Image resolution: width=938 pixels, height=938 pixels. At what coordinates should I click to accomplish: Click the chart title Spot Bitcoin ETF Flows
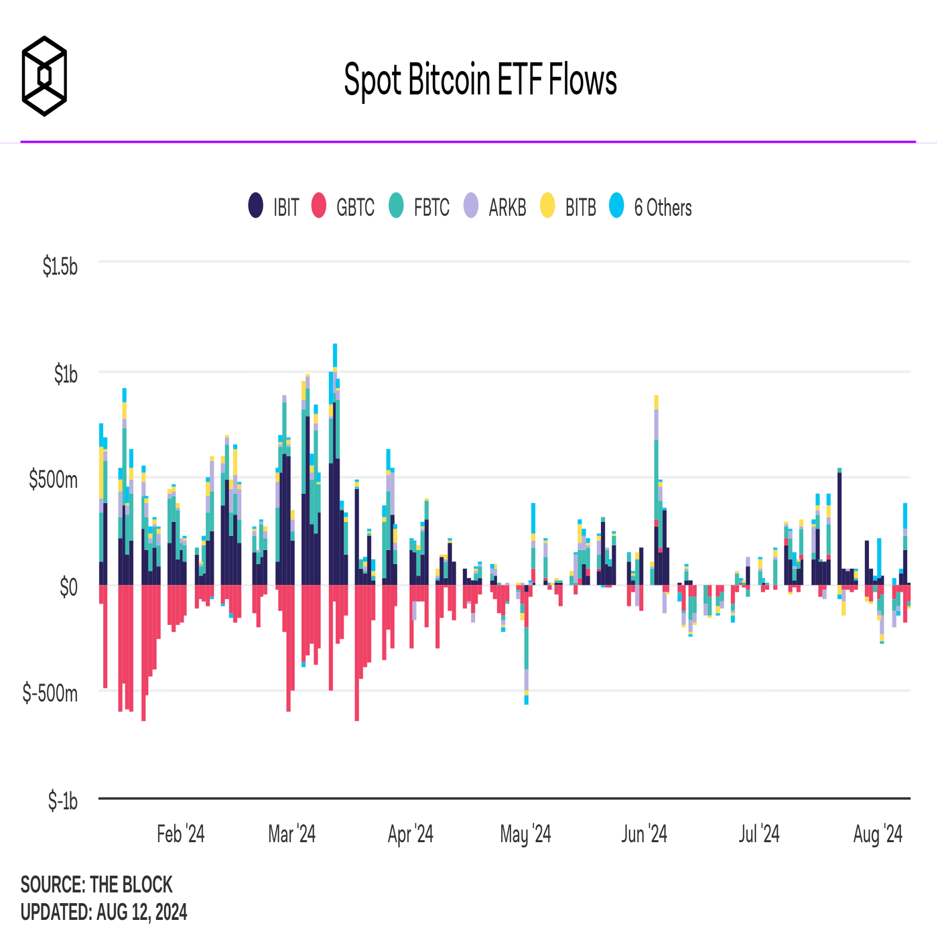click(480, 80)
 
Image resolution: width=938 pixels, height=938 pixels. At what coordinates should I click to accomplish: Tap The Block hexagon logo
click(44, 76)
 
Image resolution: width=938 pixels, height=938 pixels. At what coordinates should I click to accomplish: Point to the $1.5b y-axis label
click(60, 267)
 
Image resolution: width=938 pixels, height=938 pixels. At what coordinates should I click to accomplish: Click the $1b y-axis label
click(66, 374)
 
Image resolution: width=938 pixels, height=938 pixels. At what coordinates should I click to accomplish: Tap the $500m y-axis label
click(54, 480)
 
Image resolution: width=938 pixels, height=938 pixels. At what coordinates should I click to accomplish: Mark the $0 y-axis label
click(68, 587)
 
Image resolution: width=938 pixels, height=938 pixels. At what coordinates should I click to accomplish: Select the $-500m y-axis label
click(50, 693)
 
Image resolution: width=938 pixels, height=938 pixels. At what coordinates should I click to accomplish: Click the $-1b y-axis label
click(62, 801)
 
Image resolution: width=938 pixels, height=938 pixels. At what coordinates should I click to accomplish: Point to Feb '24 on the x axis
click(180, 834)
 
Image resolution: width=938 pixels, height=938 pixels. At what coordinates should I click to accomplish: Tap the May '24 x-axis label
click(525, 834)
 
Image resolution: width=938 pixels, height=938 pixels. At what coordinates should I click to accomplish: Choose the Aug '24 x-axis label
click(878, 834)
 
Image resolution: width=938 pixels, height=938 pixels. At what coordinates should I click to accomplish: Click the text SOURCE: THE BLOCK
click(96, 885)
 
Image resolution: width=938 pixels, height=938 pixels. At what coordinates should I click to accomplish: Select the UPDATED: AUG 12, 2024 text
click(104, 913)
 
